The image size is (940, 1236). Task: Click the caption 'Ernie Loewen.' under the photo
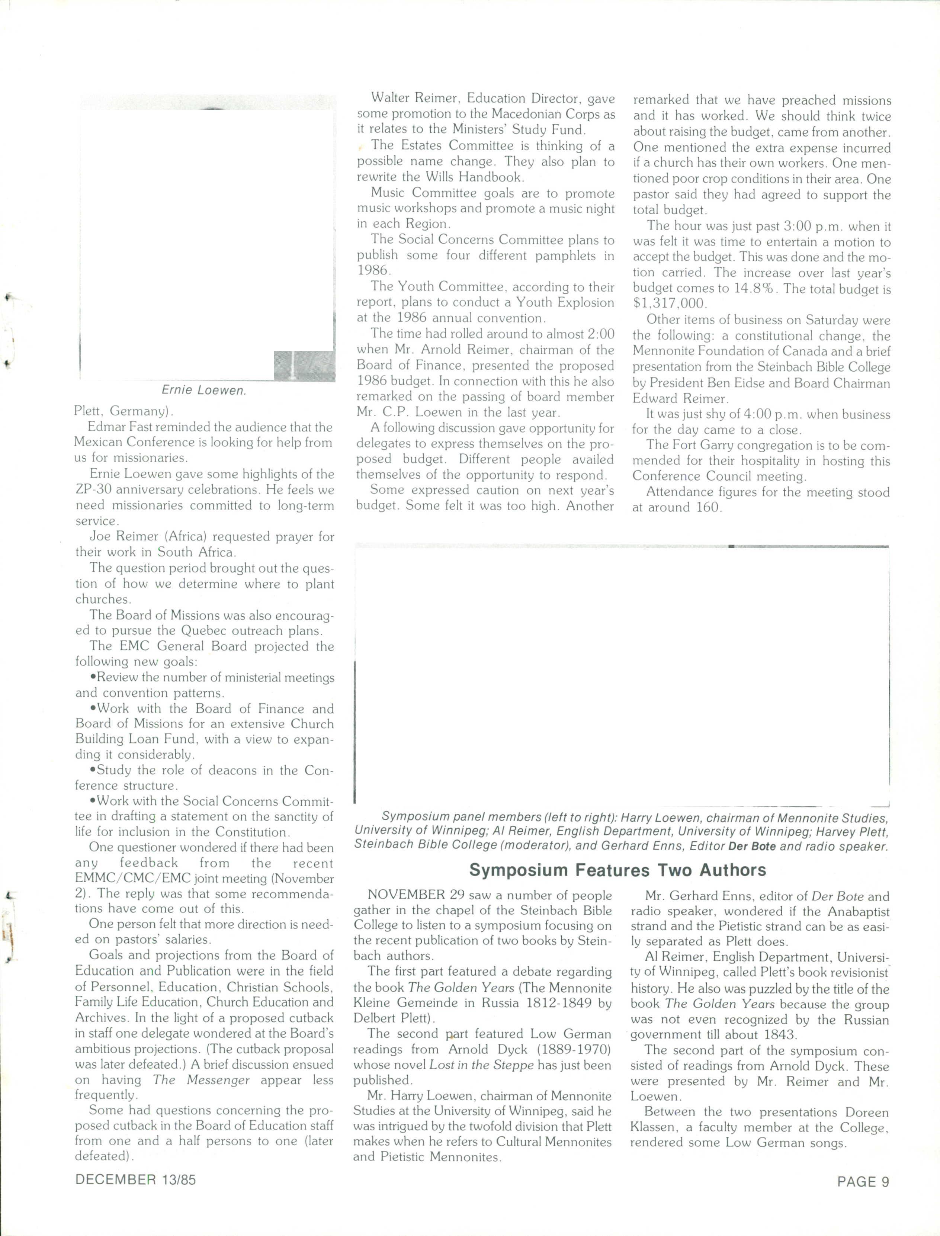[x=204, y=391]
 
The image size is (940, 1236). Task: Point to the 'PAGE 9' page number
[x=863, y=1182]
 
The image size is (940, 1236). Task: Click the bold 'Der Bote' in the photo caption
[x=753, y=847]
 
